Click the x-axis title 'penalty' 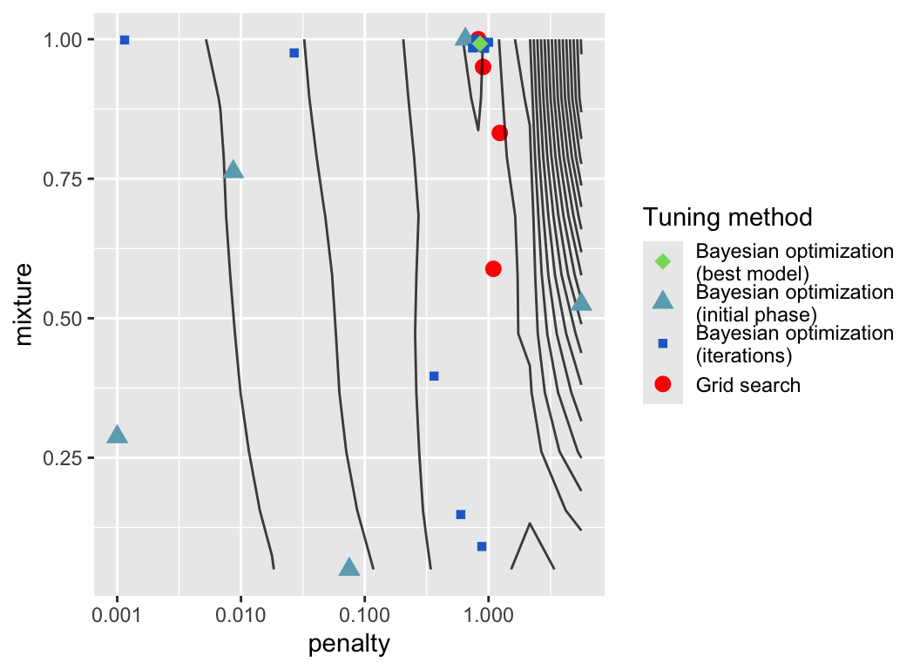pyautogui.click(x=348, y=645)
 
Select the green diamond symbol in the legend pyautogui.click(x=662, y=260)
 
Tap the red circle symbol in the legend pyautogui.click(x=662, y=384)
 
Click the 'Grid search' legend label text pyautogui.click(x=747, y=384)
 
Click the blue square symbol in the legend pyautogui.click(x=662, y=343)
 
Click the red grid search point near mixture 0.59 pyautogui.click(x=493, y=268)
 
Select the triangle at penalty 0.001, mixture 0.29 pyautogui.click(x=118, y=435)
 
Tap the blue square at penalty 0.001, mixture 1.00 pyautogui.click(x=125, y=40)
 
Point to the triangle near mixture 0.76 pyautogui.click(x=233, y=170)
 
